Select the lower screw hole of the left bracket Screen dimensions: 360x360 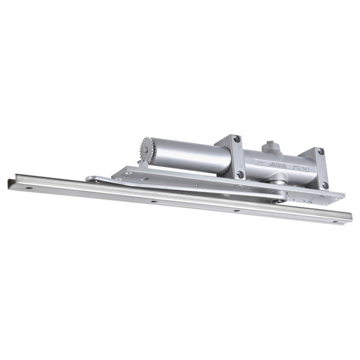pyautogui.click(x=240, y=174)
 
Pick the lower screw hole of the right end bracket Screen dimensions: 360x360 pyautogui.click(x=325, y=185)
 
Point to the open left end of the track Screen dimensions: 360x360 pyautogui.click(x=10, y=182)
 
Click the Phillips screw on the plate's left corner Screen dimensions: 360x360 pyautogui.click(x=128, y=173)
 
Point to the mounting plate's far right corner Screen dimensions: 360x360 pyautogui.click(x=342, y=196)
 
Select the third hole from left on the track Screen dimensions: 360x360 pyautogui.click(x=236, y=211)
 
